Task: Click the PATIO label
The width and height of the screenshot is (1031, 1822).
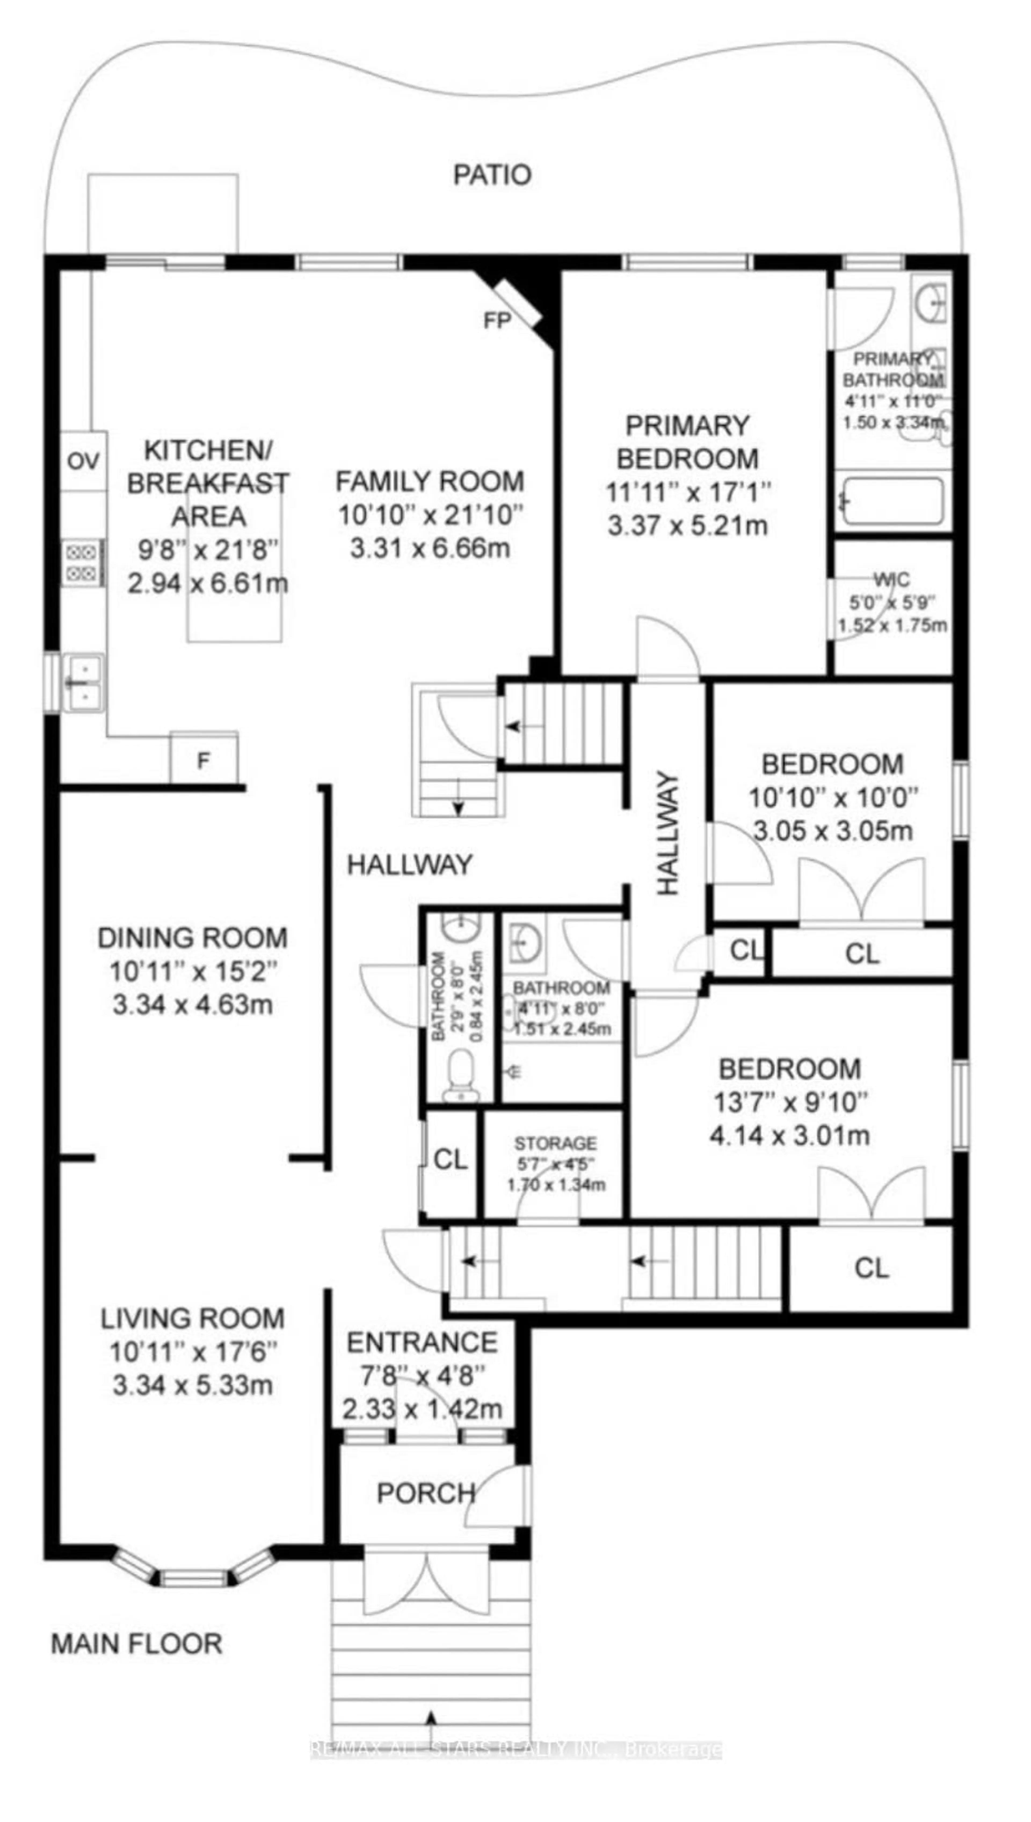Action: (492, 175)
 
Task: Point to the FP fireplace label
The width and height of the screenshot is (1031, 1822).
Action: (497, 321)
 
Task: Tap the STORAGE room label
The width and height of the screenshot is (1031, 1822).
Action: (555, 1143)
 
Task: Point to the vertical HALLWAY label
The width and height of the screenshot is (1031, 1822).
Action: (668, 834)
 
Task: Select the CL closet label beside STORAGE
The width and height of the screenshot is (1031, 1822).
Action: (450, 1159)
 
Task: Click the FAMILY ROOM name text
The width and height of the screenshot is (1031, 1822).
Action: (429, 482)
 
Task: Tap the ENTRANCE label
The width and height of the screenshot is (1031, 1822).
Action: (422, 1343)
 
